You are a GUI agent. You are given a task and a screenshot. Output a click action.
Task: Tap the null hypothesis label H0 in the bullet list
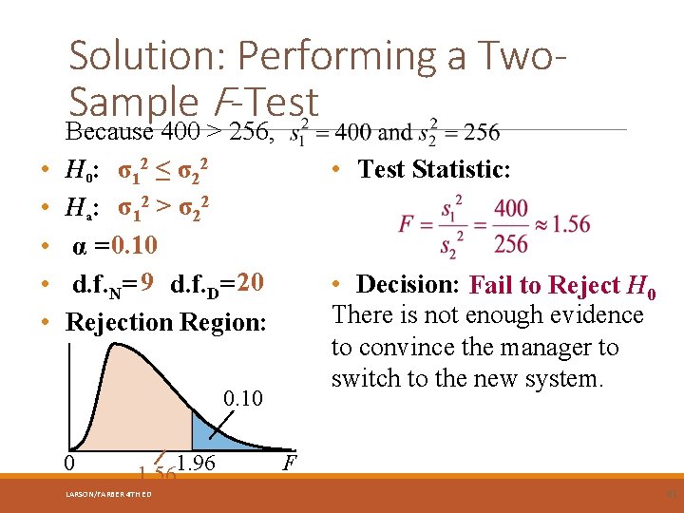(x=77, y=171)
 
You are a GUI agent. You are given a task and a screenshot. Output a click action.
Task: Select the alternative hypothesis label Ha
(x=77, y=208)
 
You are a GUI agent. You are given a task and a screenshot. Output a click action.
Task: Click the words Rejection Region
(x=166, y=322)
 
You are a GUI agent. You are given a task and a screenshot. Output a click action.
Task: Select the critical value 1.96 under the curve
(x=197, y=464)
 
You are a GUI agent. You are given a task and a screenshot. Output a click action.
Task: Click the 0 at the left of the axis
(x=69, y=464)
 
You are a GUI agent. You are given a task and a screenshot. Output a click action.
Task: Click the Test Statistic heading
(x=434, y=170)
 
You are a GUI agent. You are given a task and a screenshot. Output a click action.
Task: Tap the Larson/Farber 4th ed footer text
(x=109, y=494)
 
